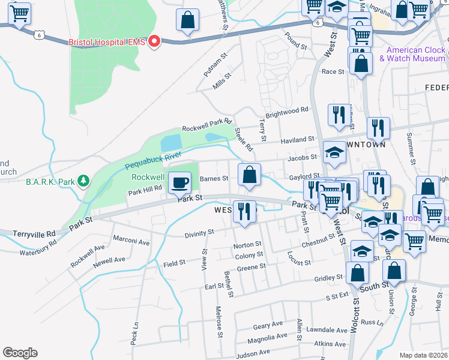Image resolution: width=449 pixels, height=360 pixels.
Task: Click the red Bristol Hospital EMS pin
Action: tap(155, 41)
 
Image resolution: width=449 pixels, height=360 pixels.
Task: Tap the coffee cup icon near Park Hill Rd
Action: tap(179, 182)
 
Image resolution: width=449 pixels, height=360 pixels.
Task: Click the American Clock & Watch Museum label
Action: tap(416, 54)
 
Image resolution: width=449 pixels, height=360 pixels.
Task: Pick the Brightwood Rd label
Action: tap(286, 111)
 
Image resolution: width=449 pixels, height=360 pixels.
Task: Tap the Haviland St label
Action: tap(298, 139)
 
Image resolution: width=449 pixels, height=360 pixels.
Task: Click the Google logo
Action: tap(20, 352)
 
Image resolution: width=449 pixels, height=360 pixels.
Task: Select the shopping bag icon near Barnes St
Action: tap(249, 175)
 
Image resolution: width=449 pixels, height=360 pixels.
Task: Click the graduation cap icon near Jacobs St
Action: tap(334, 154)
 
